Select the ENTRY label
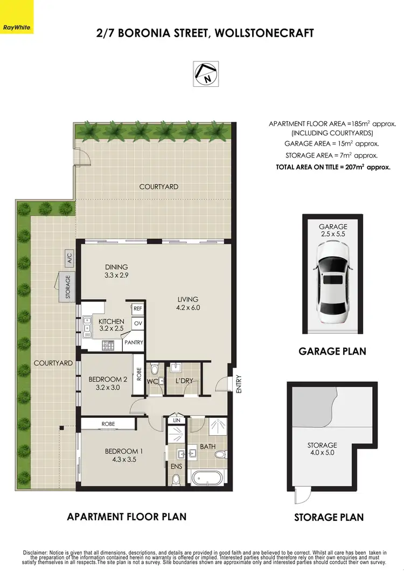click(x=238, y=384)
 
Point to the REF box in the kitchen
click(x=137, y=308)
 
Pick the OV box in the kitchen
click(x=137, y=323)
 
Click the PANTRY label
click(x=133, y=342)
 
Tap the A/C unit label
click(x=69, y=257)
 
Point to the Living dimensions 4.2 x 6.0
click(x=188, y=308)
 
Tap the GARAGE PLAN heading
click(x=332, y=352)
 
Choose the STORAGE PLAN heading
click(x=329, y=518)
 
